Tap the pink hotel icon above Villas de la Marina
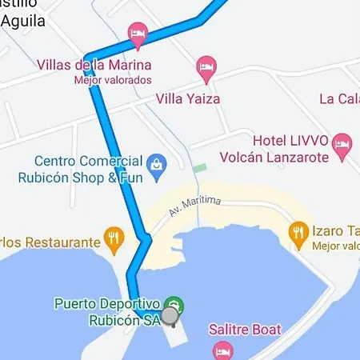tap(138, 33)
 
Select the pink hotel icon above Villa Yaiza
tap(207, 66)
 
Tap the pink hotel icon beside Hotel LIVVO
tap(343, 145)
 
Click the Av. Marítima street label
tap(194, 206)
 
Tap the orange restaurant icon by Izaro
tap(299, 233)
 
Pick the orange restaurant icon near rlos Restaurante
tap(114, 238)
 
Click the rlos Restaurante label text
tap(50, 242)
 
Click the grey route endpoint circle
tap(170, 316)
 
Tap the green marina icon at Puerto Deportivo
tap(174, 305)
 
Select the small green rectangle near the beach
tap(199, 168)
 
